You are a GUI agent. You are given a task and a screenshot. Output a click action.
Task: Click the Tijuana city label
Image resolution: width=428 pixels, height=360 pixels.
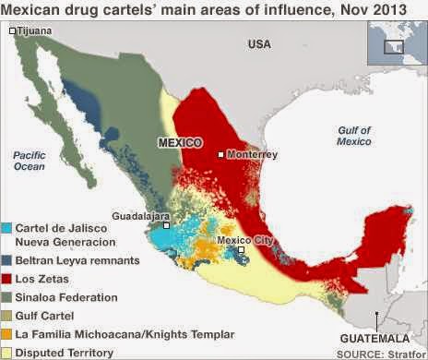point(35,30)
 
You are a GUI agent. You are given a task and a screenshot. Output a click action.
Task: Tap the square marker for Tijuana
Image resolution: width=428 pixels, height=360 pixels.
point(12,31)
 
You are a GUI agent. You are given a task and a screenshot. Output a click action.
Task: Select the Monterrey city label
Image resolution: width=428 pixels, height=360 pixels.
point(252,154)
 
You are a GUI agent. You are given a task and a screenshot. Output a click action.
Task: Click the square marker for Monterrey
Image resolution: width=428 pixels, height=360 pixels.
point(221,154)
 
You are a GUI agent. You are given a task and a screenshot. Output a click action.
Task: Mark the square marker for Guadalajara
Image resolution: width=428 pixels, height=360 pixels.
point(166,224)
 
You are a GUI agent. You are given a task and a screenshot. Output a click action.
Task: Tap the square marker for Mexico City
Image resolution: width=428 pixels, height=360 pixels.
point(240,250)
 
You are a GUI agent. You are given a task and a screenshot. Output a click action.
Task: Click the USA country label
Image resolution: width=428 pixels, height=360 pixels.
point(259,44)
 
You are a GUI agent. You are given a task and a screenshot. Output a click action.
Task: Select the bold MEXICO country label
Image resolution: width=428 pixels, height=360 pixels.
point(181,143)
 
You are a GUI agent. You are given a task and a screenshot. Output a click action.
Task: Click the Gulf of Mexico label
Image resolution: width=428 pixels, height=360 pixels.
point(353,136)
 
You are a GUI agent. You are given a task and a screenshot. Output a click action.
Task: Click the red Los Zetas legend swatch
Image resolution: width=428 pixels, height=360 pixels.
point(7,279)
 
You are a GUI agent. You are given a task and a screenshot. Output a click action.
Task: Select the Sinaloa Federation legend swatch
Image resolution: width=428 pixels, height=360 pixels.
point(7,297)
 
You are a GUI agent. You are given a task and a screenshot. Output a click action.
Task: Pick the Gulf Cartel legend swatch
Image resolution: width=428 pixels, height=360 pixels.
point(7,316)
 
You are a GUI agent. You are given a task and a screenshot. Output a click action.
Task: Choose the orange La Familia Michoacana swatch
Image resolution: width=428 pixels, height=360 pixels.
point(7,334)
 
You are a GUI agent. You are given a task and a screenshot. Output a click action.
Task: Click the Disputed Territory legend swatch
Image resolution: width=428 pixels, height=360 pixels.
point(7,353)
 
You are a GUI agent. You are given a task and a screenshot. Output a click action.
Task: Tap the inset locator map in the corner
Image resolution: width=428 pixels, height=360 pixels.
point(397,42)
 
